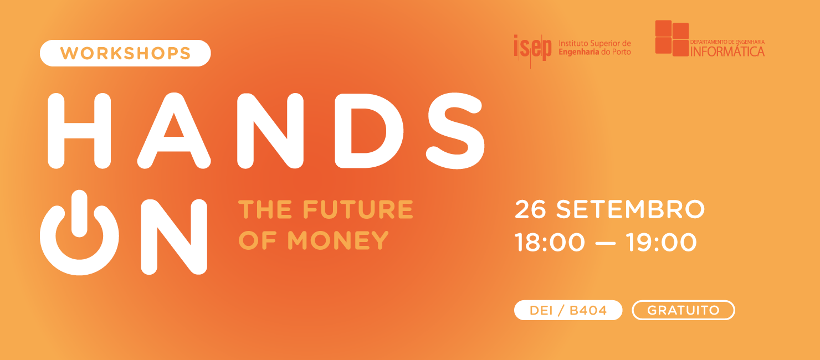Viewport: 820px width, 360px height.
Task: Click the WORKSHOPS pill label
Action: click(x=125, y=53)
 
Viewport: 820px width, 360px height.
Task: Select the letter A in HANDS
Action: click(x=174, y=130)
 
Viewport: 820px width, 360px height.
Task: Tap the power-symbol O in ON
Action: click(x=79, y=235)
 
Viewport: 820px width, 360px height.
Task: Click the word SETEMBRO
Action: click(x=631, y=209)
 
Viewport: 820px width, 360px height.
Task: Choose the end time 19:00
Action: click(x=662, y=243)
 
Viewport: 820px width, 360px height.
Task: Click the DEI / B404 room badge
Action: click(x=568, y=310)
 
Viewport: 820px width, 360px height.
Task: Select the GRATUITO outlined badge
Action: click(x=683, y=310)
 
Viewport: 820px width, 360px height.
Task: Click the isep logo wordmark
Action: click(x=532, y=48)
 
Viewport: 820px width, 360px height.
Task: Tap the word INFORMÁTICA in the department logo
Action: click(x=727, y=51)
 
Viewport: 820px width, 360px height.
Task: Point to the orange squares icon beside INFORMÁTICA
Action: click(x=672, y=38)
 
